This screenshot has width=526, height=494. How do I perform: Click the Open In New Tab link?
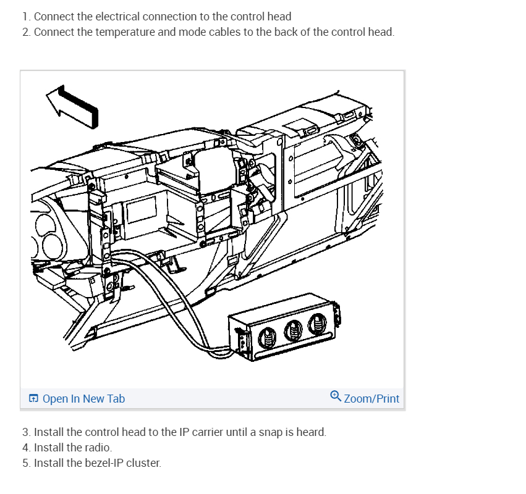click(x=83, y=399)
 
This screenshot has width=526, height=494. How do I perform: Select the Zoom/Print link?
click(x=371, y=399)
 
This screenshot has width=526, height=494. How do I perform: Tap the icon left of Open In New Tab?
click(x=34, y=399)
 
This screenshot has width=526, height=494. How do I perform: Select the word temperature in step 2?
click(x=127, y=32)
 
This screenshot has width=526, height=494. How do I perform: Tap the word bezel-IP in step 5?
click(x=104, y=463)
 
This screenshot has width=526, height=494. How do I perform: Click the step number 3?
click(x=25, y=432)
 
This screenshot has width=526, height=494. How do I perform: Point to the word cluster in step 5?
click(x=143, y=463)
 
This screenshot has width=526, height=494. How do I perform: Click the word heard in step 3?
click(x=311, y=432)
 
